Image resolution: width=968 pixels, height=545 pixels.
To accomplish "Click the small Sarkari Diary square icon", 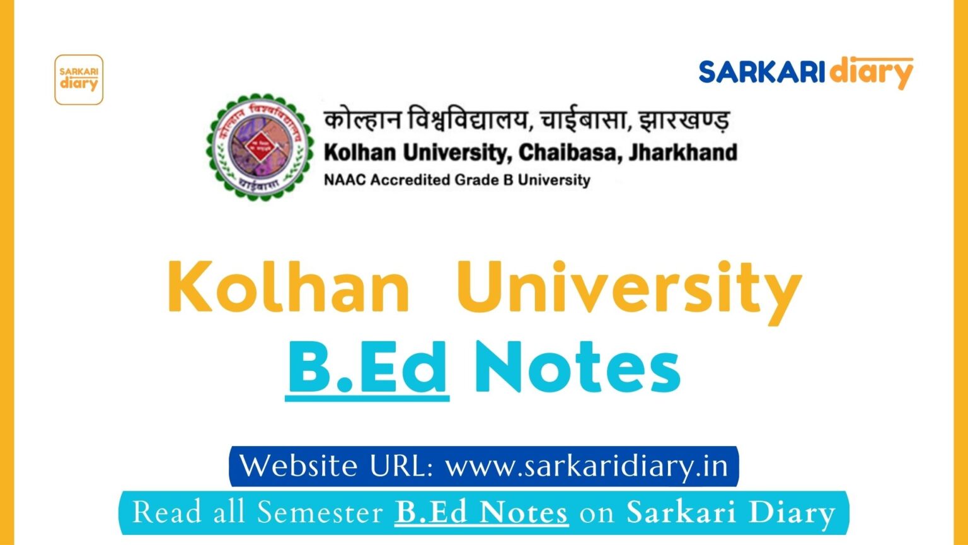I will click(79, 79).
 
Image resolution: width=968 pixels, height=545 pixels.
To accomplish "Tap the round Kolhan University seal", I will click(260, 146).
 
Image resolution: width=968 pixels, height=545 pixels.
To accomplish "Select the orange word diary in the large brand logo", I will click(871, 73).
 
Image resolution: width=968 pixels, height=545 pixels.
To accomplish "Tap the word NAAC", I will click(345, 180).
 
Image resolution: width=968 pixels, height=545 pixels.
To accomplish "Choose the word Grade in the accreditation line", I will click(476, 180).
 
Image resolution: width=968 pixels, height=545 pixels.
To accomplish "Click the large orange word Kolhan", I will click(289, 288).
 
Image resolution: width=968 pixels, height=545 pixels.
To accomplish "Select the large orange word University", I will click(629, 289).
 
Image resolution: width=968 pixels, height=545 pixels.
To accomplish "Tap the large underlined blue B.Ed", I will click(367, 368).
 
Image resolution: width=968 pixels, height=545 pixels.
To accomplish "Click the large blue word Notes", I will click(577, 368).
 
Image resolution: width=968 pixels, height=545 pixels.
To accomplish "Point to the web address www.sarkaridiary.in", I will click(587, 466).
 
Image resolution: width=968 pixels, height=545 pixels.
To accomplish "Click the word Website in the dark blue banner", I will click(299, 466).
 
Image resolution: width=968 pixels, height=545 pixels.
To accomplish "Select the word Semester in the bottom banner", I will click(321, 512).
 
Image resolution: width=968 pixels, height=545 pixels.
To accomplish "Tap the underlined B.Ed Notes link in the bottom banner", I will click(481, 512).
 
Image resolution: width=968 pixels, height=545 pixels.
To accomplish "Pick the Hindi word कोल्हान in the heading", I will click(362, 120).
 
